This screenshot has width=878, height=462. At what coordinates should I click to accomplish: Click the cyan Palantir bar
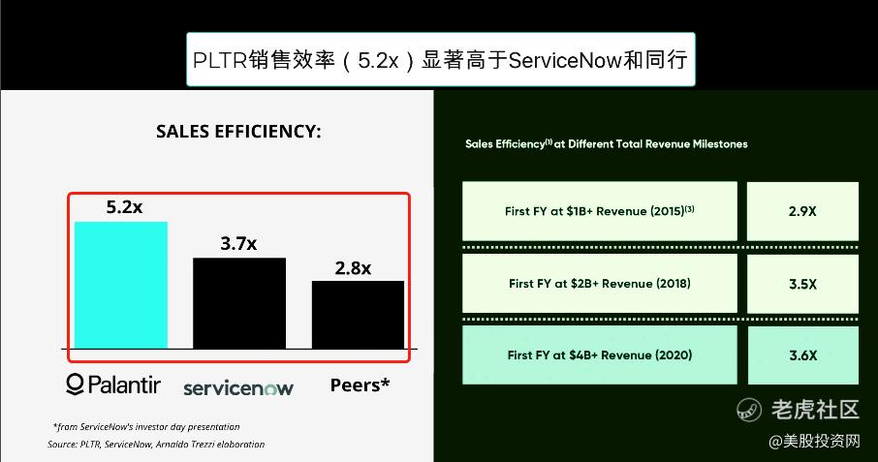tap(121, 286)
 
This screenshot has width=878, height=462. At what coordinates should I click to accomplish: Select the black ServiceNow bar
tap(239, 303)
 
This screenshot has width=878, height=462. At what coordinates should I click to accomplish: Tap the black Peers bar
tap(358, 315)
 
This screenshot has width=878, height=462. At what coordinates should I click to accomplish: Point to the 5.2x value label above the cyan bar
tap(124, 207)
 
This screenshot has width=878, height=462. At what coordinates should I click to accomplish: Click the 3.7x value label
tap(238, 243)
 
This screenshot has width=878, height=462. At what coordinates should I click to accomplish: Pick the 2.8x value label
tap(353, 268)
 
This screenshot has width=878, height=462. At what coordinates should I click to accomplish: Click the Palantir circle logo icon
tap(75, 385)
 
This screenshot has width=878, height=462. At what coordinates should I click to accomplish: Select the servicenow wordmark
tap(238, 387)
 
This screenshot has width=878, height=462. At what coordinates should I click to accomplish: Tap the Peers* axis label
tap(360, 385)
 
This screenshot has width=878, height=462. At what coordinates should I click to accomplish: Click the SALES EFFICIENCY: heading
tap(238, 132)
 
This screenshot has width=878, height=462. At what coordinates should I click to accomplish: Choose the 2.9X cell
tap(802, 211)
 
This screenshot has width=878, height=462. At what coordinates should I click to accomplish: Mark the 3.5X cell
tap(802, 284)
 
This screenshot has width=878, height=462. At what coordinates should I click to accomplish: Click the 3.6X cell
tap(802, 355)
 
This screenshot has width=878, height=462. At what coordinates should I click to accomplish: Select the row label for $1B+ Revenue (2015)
tap(600, 211)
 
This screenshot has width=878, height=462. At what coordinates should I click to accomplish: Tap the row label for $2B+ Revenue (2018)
tap(600, 284)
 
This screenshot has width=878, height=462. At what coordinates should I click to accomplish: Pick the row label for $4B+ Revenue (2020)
tap(600, 355)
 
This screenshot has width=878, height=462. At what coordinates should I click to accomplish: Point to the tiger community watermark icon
tap(749, 410)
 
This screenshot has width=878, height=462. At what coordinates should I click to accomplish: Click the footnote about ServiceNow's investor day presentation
tap(146, 427)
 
